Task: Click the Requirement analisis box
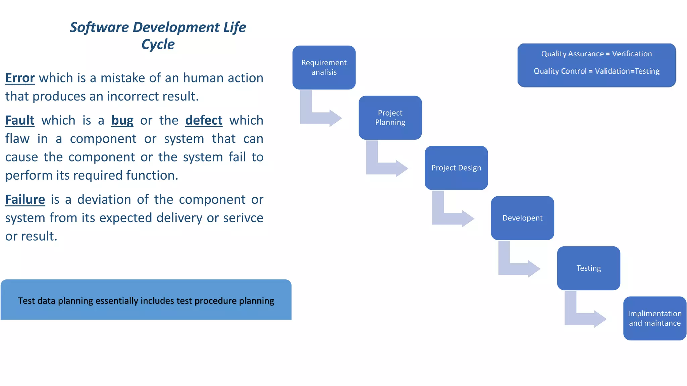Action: [x=324, y=67]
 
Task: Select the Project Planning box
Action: [x=390, y=118]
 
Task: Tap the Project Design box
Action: [x=456, y=168]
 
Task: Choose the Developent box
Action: [x=522, y=218]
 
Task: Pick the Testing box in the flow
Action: [x=588, y=268]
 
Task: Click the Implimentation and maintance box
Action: [x=654, y=318]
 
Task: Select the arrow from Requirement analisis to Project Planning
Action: [x=317, y=116]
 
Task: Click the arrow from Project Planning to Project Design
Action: [x=383, y=166]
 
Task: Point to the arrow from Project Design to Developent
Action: [x=449, y=216]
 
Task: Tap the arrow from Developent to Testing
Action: [x=516, y=266]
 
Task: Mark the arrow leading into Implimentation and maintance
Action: [x=582, y=316]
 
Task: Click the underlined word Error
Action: [x=20, y=78]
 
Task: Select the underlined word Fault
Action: [x=20, y=120]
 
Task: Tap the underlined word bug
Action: [x=122, y=120]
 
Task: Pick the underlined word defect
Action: [x=204, y=120]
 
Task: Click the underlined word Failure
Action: [x=25, y=200]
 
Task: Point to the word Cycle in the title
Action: [x=158, y=44]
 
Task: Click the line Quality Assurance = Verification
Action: [x=596, y=54]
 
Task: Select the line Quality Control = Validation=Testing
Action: [x=596, y=71]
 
